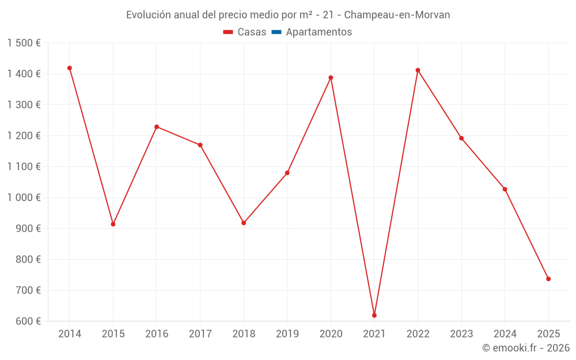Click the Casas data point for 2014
coord(70,68)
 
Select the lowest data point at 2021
coord(374,315)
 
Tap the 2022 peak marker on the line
coord(418,70)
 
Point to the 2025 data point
coord(548,279)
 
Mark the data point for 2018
coord(244,223)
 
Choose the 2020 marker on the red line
coord(331,78)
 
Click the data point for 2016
coord(157,127)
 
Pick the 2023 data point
coord(461,138)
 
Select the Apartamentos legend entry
coord(319,32)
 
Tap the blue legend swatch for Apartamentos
coord(276,32)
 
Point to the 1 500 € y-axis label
coord(24,43)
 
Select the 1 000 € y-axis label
coord(24,198)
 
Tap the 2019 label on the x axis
coord(287,334)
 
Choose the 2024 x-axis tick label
coord(505,334)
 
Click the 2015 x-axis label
coord(113,334)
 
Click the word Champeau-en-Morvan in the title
coord(397,15)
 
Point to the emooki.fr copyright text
coord(526,348)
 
